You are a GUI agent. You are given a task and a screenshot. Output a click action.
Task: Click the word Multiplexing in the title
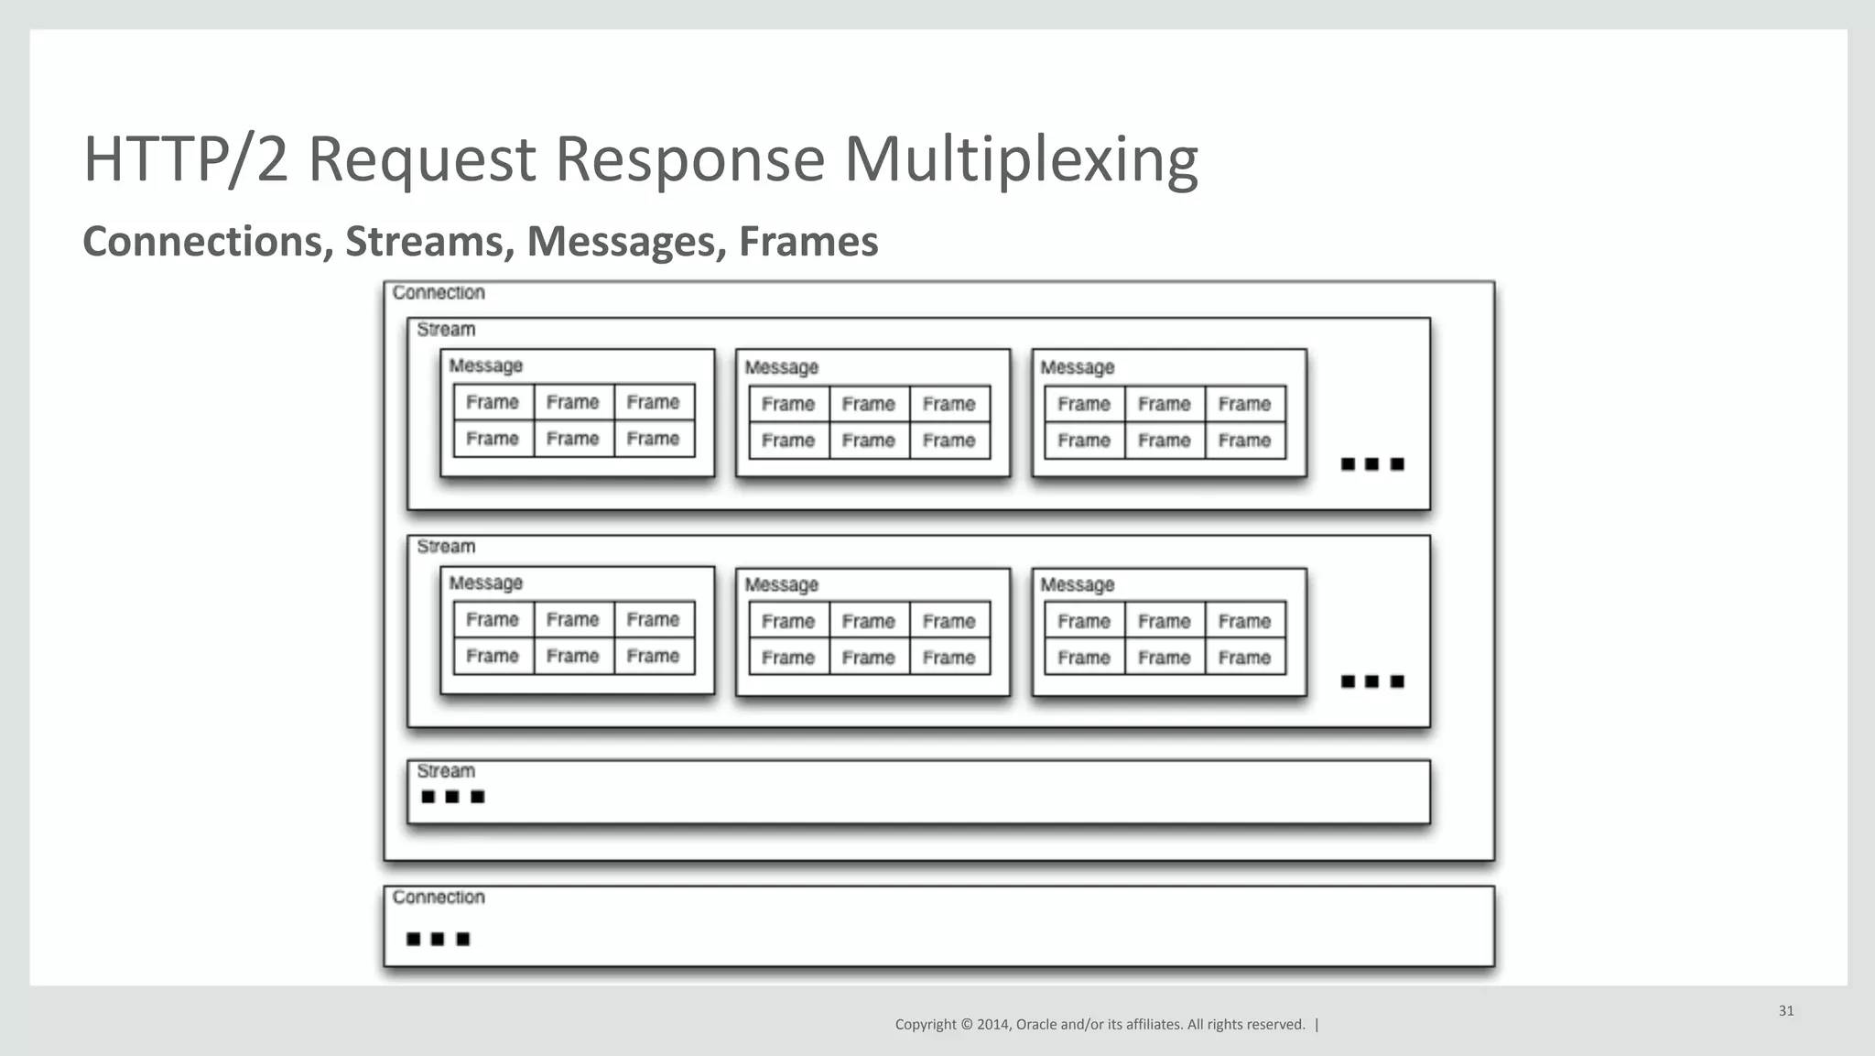tap(1020, 160)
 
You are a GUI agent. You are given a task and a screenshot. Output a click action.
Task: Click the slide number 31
tap(1785, 1011)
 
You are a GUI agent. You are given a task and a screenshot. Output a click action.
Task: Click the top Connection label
tap(439, 293)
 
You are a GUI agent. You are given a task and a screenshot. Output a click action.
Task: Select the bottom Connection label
tap(439, 898)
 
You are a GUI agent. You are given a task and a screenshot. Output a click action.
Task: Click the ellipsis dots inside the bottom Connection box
tap(438, 939)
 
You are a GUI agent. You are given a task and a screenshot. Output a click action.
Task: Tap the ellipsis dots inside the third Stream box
tap(452, 797)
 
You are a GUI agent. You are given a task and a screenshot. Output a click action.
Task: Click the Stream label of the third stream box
tap(446, 771)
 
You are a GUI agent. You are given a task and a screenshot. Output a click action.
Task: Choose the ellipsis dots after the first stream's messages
tap(1371, 464)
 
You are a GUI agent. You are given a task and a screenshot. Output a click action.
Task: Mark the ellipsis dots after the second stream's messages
tap(1371, 681)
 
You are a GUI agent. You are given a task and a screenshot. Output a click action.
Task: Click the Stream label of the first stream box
tap(446, 330)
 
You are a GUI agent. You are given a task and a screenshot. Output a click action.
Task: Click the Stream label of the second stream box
tap(446, 547)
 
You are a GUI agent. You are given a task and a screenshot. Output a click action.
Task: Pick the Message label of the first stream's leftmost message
tap(485, 366)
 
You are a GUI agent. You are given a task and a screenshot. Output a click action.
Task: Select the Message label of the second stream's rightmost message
tap(1077, 585)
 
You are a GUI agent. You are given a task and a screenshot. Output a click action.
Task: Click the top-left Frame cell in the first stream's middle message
tap(788, 404)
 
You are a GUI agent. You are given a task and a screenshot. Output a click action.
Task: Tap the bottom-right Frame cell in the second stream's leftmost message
tap(653, 657)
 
